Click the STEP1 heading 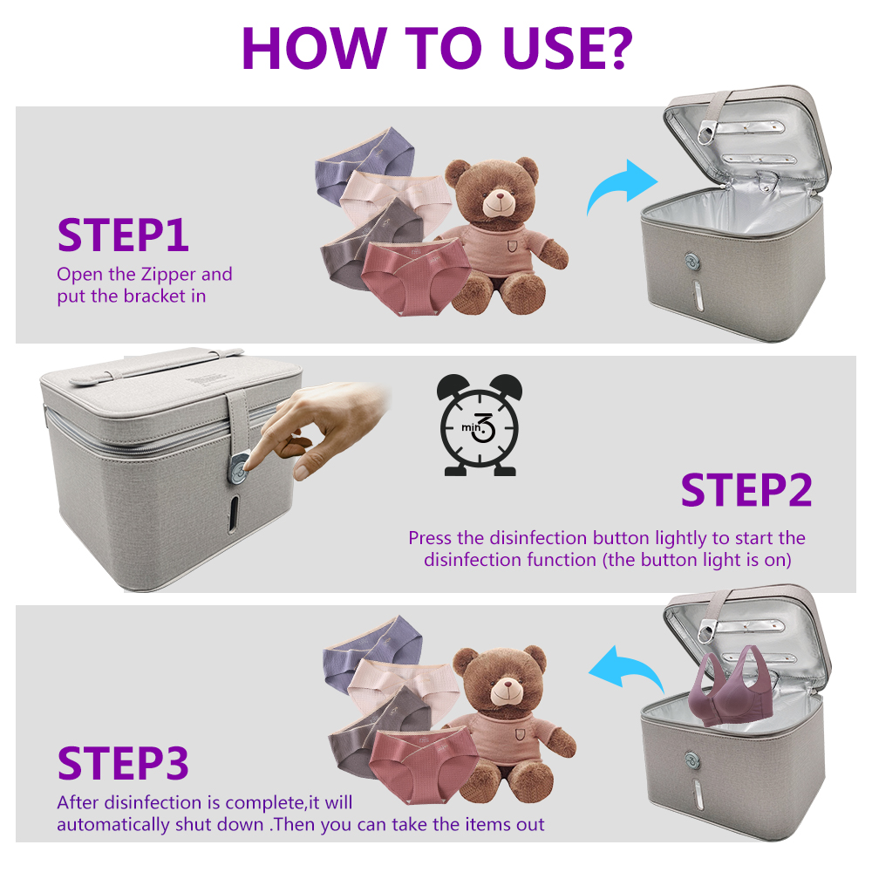click(123, 235)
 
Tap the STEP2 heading click(746, 490)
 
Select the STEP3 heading click(123, 763)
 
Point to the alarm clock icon click(480, 426)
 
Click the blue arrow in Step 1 click(620, 187)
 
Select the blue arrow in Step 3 click(627, 670)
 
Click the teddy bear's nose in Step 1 click(500, 195)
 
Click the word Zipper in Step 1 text click(168, 274)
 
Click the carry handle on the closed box click(157, 364)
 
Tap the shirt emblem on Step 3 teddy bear click(520, 734)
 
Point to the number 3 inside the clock click(483, 427)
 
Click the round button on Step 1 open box click(692, 261)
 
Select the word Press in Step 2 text click(431, 538)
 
